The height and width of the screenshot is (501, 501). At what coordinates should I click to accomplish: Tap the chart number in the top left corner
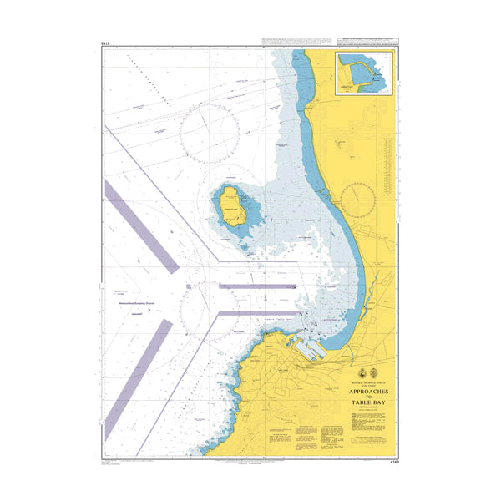[x=104, y=43]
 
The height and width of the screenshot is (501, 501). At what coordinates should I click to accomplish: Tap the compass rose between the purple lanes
[x=209, y=311]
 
